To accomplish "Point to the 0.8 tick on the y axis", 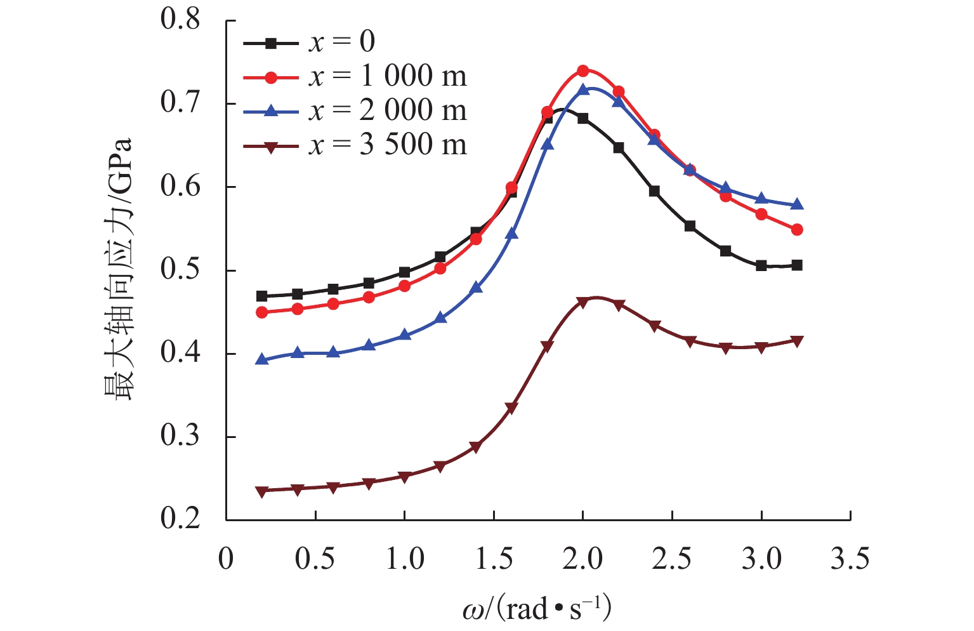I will [x=180, y=20].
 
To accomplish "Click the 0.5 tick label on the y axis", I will [x=180, y=270].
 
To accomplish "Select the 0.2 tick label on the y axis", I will [x=180, y=519].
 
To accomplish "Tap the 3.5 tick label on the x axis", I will [x=850, y=560].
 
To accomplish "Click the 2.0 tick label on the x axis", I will [x=582, y=560].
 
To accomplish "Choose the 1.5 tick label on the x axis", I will [x=494, y=560].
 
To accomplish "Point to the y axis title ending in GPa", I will [x=119, y=270].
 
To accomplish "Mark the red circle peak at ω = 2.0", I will [x=583, y=70].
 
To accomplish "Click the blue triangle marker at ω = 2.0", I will [x=583, y=90].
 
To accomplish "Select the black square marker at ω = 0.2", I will [x=261, y=296].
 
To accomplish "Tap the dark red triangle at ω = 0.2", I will [x=261, y=491].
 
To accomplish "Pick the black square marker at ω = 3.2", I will [x=797, y=265].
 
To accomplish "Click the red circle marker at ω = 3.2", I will [x=797, y=230].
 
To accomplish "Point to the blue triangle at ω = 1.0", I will [x=404, y=335].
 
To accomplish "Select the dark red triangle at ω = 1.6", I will [x=511, y=408].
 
